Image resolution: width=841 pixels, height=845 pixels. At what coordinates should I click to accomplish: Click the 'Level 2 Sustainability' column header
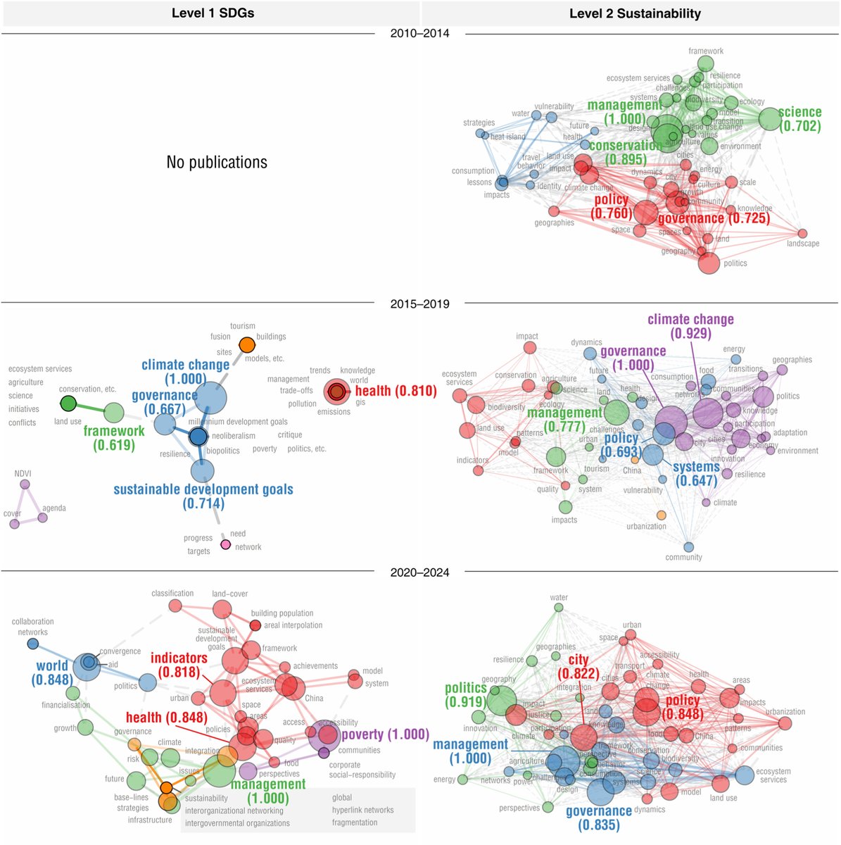pyautogui.click(x=635, y=13)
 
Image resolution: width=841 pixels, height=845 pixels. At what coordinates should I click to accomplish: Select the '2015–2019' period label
pyautogui.click(x=420, y=304)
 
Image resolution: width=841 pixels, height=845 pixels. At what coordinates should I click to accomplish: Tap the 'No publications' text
pyautogui.click(x=217, y=163)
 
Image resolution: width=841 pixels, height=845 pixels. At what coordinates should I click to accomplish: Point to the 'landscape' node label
pyautogui.click(x=802, y=244)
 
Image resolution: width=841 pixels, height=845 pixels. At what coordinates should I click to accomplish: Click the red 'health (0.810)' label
pyautogui.click(x=396, y=392)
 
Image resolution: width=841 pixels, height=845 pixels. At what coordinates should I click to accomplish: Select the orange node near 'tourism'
pyautogui.click(x=247, y=345)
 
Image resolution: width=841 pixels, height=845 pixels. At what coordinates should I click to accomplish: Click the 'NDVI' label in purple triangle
pyautogui.click(x=23, y=474)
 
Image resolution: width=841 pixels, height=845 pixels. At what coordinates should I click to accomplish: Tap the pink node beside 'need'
pyautogui.click(x=225, y=544)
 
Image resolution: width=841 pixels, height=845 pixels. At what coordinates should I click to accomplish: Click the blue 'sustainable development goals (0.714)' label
pyautogui.click(x=203, y=496)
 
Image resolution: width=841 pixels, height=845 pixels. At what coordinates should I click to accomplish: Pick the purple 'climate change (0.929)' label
pyautogui.click(x=690, y=326)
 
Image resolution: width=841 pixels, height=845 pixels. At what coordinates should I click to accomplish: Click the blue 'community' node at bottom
pyautogui.click(x=688, y=546)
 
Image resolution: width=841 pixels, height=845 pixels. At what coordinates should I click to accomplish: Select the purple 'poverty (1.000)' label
pyautogui.click(x=385, y=735)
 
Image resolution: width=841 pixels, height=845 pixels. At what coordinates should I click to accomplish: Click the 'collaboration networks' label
pyautogui.click(x=32, y=627)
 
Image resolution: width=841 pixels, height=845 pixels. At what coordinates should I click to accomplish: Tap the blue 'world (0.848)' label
pyautogui.click(x=52, y=672)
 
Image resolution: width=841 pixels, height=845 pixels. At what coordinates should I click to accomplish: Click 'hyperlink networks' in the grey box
pyautogui.click(x=363, y=810)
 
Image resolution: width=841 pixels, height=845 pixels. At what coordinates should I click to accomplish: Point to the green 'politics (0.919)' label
pyautogui.click(x=465, y=694)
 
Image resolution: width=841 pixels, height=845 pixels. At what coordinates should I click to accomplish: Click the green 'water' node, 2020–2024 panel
pyautogui.click(x=559, y=607)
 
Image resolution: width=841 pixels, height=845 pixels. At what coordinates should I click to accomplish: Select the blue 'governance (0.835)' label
pyautogui.click(x=599, y=818)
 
